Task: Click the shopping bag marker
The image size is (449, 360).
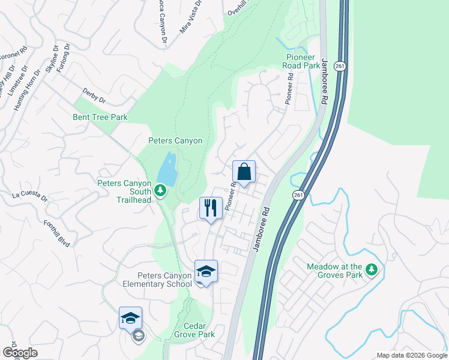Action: pyautogui.click(x=244, y=172)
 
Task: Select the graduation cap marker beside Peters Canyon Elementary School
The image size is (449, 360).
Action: pyautogui.click(x=206, y=272)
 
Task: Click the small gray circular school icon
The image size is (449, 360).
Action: pyautogui.click(x=139, y=337)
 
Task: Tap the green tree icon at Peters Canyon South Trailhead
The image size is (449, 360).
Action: pyautogui.click(x=160, y=191)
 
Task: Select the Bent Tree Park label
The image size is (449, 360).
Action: pyautogui.click(x=100, y=118)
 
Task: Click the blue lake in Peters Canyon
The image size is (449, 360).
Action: pyautogui.click(x=168, y=169)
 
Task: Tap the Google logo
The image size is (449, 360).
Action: pyautogui.click(x=20, y=352)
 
